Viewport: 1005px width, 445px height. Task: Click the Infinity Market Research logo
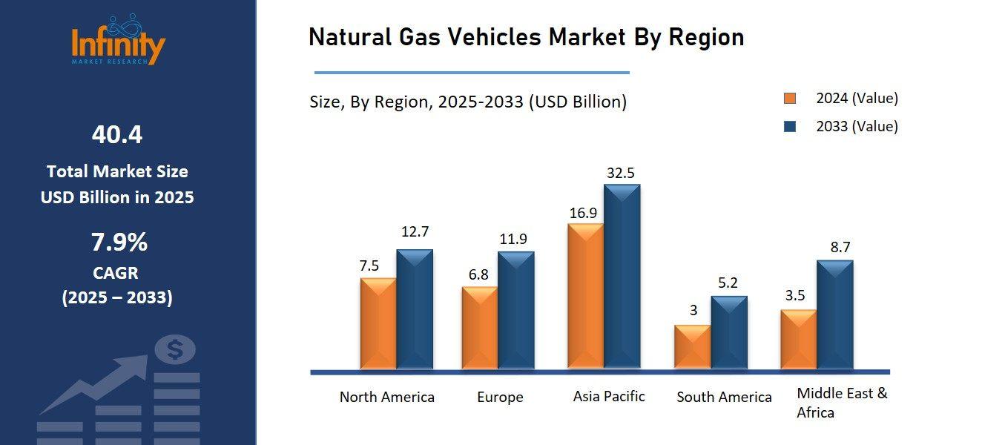pos(119,41)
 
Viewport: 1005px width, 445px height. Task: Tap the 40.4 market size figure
pos(117,135)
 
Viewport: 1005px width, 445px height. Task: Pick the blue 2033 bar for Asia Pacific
pos(622,277)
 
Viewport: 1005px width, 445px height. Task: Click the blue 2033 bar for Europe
pos(515,311)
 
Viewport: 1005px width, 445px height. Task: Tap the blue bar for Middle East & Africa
pos(834,315)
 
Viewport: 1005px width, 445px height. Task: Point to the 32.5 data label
pos(621,173)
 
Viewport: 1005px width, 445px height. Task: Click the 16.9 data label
pos(584,213)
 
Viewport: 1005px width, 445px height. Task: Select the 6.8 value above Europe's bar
pos(478,275)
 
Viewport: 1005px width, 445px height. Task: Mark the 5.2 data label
pos(728,283)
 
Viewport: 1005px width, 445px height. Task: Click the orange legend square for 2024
pos(790,99)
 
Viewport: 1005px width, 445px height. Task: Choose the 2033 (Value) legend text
pos(857,126)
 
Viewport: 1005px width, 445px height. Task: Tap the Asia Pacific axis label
pos(609,397)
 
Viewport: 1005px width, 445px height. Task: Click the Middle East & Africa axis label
pos(841,403)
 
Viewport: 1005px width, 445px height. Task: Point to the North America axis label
pos(386,398)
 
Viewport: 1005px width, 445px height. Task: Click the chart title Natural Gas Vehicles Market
pos(526,37)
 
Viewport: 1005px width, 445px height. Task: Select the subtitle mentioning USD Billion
pos(468,102)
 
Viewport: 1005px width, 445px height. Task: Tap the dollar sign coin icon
pos(175,349)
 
